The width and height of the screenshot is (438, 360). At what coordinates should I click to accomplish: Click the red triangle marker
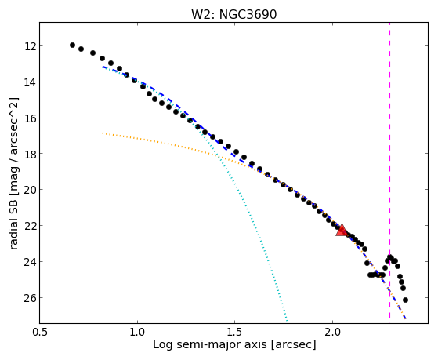click(x=342, y=231)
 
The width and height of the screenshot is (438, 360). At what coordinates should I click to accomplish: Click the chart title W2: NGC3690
click(x=233, y=14)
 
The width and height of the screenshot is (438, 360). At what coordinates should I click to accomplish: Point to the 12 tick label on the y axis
click(x=31, y=45)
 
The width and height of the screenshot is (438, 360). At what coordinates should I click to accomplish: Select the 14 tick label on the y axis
click(x=31, y=82)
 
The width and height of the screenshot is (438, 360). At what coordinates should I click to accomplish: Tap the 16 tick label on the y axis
click(x=31, y=118)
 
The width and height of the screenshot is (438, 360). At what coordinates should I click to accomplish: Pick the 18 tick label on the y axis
click(x=31, y=154)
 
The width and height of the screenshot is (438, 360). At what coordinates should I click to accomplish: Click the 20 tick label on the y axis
click(x=31, y=190)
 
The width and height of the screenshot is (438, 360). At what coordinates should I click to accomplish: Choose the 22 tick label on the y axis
click(x=31, y=226)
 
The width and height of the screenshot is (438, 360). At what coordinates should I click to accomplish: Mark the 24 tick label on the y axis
click(x=31, y=262)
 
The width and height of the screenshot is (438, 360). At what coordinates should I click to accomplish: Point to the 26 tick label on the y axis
click(x=31, y=298)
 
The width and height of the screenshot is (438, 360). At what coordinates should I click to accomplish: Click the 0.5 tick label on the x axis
click(x=40, y=332)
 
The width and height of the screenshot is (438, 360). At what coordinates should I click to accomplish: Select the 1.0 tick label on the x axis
click(x=137, y=332)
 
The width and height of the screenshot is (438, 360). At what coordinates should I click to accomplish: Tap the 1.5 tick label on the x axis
click(x=234, y=332)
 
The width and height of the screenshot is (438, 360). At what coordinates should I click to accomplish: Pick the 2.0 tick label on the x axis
click(x=332, y=332)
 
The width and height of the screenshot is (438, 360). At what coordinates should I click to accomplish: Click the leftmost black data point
click(x=72, y=45)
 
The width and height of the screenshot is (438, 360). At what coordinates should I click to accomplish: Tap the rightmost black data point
click(x=405, y=300)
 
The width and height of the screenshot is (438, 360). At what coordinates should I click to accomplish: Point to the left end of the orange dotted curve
click(x=103, y=133)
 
